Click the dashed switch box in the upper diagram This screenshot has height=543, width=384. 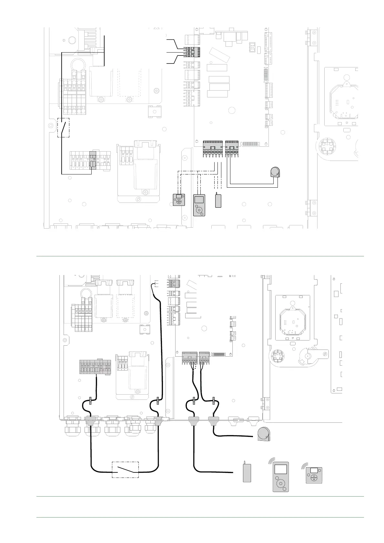pyautogui.click(x=63, y=128)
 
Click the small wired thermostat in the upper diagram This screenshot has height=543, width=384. pyautogui.click(x=179, y=200)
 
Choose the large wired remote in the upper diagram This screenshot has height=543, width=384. pyautogui.click(x=199, y=205)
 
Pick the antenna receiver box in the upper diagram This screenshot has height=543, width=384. pyautogui.click(x=218, y=201)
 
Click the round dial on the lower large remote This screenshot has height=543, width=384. pyautogui.click(x=280, y=484)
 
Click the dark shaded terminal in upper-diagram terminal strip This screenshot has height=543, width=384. pyautogui.click(x=93, y=160)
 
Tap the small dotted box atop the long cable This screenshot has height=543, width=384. pyautogui.click(x=157, y=283)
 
